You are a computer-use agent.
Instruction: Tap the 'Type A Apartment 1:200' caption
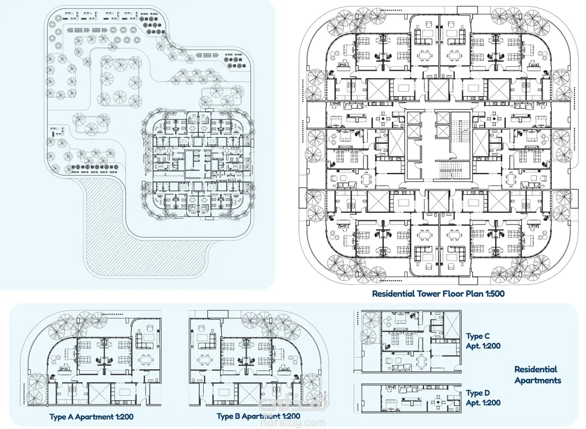(92, 416)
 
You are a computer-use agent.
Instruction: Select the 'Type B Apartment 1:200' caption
(258, 416)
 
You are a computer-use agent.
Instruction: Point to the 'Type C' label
(477, 336)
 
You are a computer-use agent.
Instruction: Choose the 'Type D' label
(477, 393)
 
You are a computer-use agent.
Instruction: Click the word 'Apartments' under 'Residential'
(538, 380)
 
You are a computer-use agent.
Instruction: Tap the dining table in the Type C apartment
(422, 361)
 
